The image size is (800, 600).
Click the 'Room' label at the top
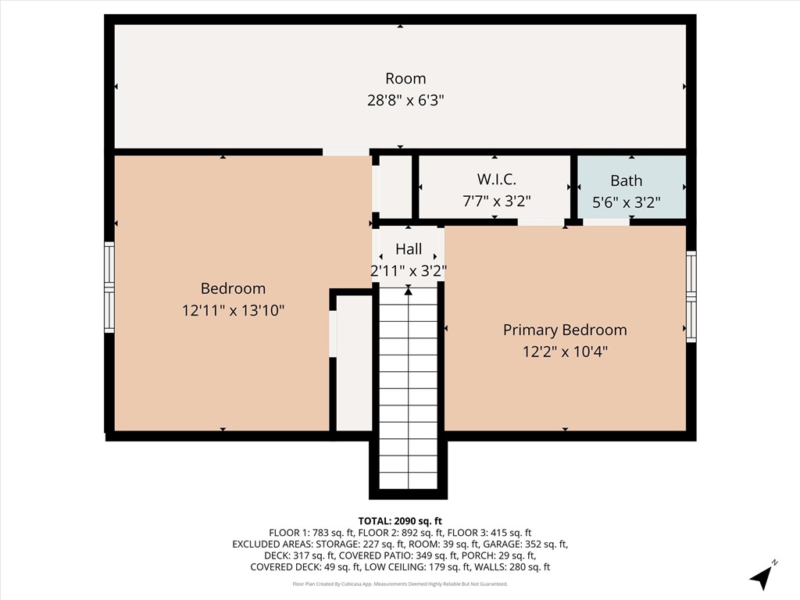tap(405, 78)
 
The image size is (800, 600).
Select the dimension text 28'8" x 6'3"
tap(405, 100)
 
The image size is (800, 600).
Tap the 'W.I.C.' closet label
tap(496, 180)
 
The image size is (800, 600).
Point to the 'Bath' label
tap(626, 180)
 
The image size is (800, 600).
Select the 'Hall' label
tap(408, 249)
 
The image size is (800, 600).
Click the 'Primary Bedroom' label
tap(564, 330)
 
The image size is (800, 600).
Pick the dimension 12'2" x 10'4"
tap(564, 352)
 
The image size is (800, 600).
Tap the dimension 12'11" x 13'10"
tap(233, 310)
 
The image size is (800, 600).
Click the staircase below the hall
tap(408, 391)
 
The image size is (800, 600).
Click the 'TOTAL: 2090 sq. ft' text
tap(400, 520)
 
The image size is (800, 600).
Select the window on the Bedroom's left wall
tap(109, 287)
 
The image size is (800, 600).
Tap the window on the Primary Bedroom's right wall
tap(691, 296)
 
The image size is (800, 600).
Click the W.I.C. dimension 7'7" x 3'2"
tap(496, 201)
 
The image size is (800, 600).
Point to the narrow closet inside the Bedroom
tap(354, 362)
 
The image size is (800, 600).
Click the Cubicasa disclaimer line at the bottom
tap(400, 584)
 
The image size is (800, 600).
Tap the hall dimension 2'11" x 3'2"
tap(408, 270)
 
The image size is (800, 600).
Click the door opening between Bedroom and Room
tap(346, 152)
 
